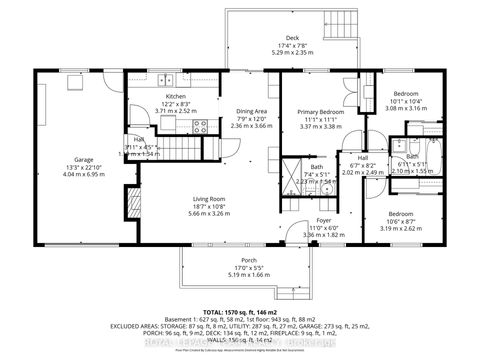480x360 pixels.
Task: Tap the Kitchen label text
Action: click(176, 96)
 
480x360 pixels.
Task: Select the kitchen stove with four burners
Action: click(199, 127)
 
